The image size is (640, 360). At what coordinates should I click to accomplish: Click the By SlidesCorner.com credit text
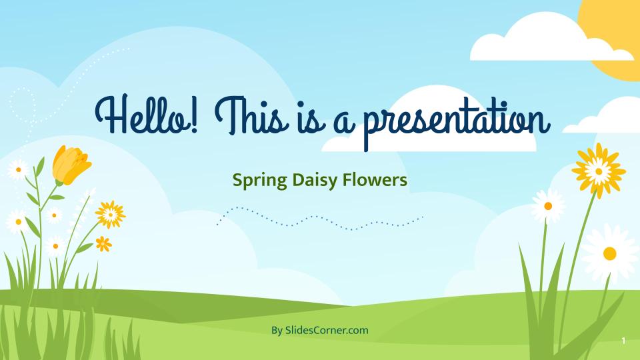tap(319, 330)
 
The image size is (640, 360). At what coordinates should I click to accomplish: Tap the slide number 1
tap(623, 341)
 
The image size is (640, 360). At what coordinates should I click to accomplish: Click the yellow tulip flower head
tap(71, 165)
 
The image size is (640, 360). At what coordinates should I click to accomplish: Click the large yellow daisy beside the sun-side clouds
tap(599, 171)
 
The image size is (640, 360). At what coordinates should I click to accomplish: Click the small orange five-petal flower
tap(103, 244)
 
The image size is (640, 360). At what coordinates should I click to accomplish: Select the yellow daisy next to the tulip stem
tap(110, 214)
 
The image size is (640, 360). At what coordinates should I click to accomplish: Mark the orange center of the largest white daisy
tap(610, 253)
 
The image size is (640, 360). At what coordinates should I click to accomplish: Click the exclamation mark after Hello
tap(193, 115)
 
